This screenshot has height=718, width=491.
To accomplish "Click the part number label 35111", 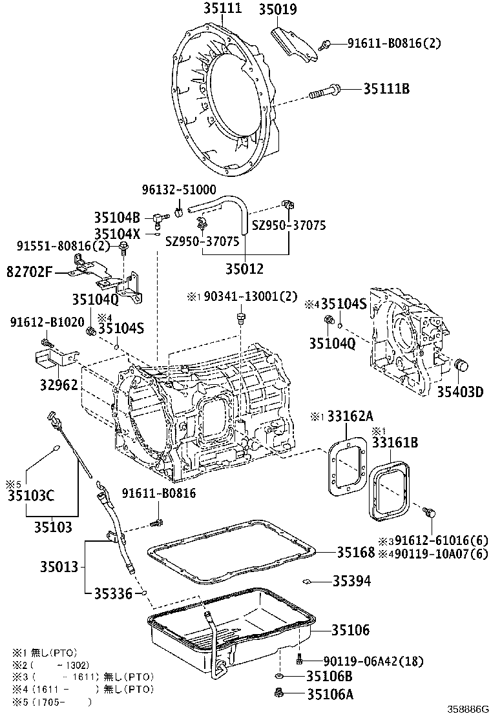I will click(x=223, y=8).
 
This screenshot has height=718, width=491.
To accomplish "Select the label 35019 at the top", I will click(x=278, y=9).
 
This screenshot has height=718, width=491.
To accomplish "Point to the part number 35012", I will click(x=245, y=267).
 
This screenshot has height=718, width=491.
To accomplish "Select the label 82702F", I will click(x=28, y=272).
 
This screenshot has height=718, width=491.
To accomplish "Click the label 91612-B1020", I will click(x=37, y=322).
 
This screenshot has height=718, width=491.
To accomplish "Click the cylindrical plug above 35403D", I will click(x=460, y=365).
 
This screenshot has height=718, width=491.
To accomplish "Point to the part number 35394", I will click(x=351, y=581).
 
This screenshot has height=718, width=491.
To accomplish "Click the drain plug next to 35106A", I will click(x=279, y=693).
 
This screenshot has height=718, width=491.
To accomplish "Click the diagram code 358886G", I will click(x=470, y=709).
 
